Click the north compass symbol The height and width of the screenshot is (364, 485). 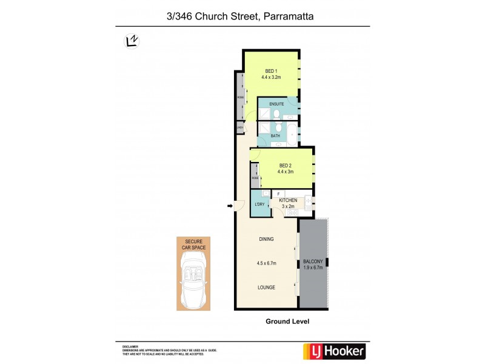[x=131, y=41]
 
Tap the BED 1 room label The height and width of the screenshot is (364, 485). [x=271, y=72]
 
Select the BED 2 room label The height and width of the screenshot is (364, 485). [x=286, y=166]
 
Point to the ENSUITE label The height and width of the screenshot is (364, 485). [x=276, y=104]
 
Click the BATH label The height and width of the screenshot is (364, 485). [x=275, y=136]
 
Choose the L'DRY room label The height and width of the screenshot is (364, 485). [x=259, y=204]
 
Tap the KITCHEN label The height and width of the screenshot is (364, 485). [x=288, y=200]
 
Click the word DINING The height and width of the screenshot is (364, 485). [x=266, y=239]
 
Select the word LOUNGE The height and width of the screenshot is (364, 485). [x=266, y=288]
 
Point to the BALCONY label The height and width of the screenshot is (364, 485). [x=313, y=262]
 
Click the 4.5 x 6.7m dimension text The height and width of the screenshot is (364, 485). [x=266, y=263]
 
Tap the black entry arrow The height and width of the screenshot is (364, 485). [x=230, y=206]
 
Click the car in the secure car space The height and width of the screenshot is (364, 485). [x=193, y=278]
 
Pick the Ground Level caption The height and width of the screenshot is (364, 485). [x=287, y=322]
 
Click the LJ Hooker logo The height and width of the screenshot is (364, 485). [x=333, y=351]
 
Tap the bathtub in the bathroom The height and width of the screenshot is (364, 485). [x=292, y=134]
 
